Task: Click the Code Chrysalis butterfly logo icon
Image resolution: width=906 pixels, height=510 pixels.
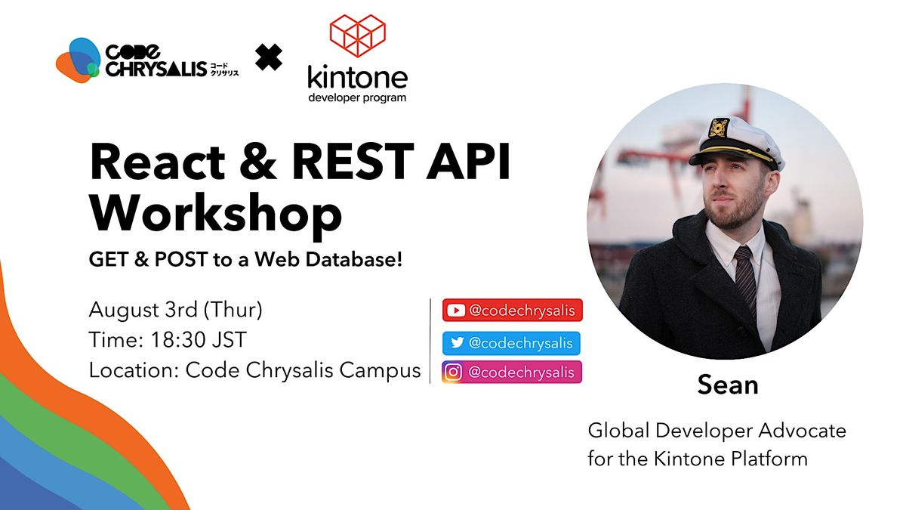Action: click(x=78, y=60)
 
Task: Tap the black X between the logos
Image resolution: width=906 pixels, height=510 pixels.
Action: click(x=268, y=57)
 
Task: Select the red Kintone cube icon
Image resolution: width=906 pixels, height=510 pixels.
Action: click(x=357, y=35)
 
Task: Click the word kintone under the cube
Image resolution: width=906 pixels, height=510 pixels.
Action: click(x=357, y=77)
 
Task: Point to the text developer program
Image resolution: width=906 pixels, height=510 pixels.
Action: click(x=357, y=97)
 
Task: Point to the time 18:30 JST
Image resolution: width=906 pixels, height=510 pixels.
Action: click(x=167, y=340)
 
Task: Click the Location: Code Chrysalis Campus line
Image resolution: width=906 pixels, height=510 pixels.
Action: click(x=254, y=370)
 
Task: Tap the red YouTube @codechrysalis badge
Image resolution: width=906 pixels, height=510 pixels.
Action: click(x=512, y=310)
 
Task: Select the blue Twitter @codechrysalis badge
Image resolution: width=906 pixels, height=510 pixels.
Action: click(x=511, y=343)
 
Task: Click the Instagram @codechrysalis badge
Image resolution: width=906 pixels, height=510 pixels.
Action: click(x=511, y=372)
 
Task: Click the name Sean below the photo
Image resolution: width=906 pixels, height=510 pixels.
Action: click(x=727, y=385)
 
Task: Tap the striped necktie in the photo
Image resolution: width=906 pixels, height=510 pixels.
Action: click(x=745, y=280)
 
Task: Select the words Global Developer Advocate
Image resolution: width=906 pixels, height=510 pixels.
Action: click(x=716, y=431)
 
